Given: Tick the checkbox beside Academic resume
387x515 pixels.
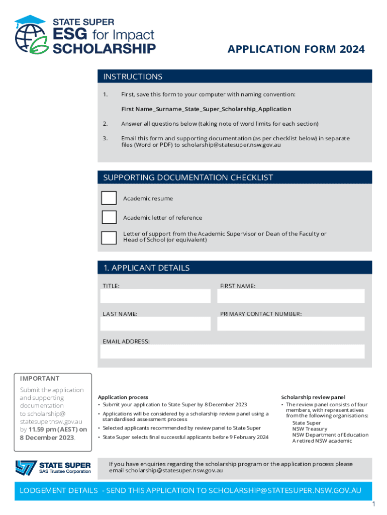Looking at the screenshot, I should pyautogui.click(x=109, y=198).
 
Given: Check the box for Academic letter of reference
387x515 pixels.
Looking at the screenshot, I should pyautogui.click(x=109, y=217).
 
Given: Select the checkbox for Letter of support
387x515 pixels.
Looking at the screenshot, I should pyautogui.click(x=109, y=237).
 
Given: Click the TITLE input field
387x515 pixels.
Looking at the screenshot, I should pyautogui.click(x=155, y=296).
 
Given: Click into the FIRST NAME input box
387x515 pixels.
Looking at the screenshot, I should pyautogui.click(x=291, y=296).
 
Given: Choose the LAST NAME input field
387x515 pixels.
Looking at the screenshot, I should pyautogui.click(x=155, y=324).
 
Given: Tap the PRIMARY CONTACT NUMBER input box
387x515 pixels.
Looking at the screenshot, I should pyautogui.click(x=291, y=324).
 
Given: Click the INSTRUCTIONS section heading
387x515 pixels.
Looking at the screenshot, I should pyautogui.click(x=133, y=76).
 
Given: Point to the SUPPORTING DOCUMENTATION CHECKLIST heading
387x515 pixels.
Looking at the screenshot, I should pyautogui.click(x=188, y=178).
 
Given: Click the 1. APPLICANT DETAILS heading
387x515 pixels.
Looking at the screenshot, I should pyautogui.click(x=146, y=268).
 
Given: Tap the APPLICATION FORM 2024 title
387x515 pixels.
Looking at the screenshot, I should pyautogui.click(x=296, y=49).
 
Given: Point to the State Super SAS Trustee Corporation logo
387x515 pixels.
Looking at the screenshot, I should pyautogui.click(x=53, y=467).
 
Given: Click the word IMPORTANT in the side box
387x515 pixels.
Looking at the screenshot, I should pyautogui.click(x=40, y=378).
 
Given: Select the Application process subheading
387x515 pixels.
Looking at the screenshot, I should pyautogui.click(x=123, y=397).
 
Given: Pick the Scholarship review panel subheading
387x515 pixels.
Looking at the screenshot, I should pyautogui.click(x=313, y=397).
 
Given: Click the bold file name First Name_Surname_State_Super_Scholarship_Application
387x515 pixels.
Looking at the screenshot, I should pyautogui.click(x=206, y=109).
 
